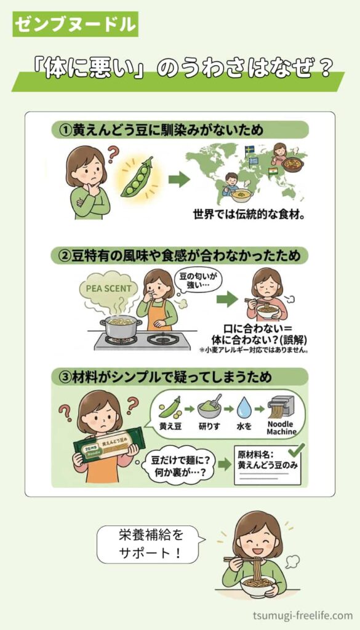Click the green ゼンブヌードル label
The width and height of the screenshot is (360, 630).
(x=76, y=24)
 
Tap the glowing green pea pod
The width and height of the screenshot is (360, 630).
(x=138, y=177)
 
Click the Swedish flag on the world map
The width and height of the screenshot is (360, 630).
(x=249, y=150)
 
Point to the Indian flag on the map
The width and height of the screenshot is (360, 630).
(x=274, y=172)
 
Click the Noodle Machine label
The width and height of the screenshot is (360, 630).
(x=282, y=428)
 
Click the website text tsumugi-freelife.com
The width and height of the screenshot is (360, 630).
(x=303, y=615)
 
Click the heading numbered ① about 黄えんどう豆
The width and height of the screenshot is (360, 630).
(x=180, y=130)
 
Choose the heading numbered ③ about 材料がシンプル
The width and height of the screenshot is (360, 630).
(x=180, y=377)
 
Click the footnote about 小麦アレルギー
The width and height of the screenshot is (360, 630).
(x=254, y=350)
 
